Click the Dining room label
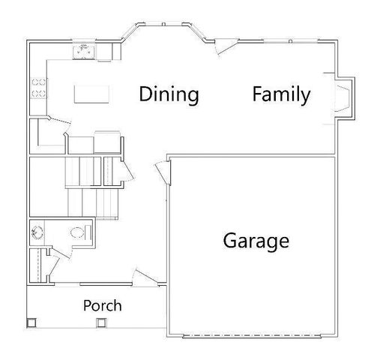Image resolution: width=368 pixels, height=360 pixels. click(x=169, y=94)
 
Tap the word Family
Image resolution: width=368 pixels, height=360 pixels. click(x=281, y=94)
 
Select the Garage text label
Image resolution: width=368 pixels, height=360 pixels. click(x=256, y=241)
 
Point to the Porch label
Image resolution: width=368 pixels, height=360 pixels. click(x=102, y=305)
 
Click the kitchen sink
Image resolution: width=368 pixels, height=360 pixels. click(x=84, y=51)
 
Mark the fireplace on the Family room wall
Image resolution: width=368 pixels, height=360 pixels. click(x=343, y=98)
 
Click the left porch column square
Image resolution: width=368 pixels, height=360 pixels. click(x=31, y=323)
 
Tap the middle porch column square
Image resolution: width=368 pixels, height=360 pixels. click(x=101, y=323)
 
